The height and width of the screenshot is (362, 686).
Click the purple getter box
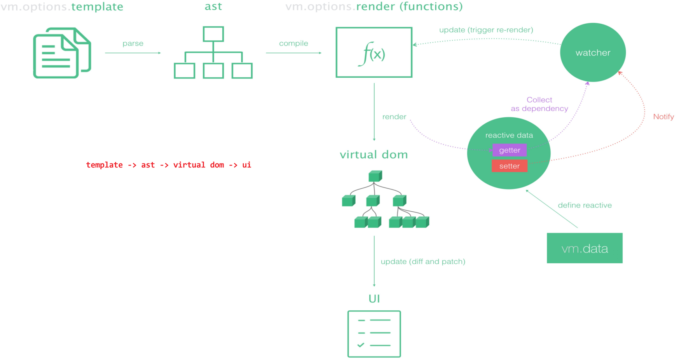509,150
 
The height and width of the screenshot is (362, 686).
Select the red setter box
509,166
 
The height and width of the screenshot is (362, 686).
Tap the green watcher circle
593,52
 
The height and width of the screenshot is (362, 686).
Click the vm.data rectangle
585,248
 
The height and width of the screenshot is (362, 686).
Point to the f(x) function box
374,52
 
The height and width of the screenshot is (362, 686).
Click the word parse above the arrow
133,44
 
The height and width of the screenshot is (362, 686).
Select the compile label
293,44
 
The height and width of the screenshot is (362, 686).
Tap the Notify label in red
663,117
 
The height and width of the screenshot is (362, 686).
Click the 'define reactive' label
585,205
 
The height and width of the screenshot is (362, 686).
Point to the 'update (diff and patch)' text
423,261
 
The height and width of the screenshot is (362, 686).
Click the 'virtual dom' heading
374,155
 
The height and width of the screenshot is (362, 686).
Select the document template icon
62,53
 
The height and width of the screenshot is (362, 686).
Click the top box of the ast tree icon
213,34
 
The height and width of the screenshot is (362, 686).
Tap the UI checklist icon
374,334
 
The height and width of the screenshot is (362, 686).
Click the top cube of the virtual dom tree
375,176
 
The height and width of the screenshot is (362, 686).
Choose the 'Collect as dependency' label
539,104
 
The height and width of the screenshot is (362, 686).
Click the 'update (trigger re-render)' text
486,30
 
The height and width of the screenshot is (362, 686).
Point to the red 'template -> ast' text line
168,165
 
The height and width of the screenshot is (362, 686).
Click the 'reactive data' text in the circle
509,135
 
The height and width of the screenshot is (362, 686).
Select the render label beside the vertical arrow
394,117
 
